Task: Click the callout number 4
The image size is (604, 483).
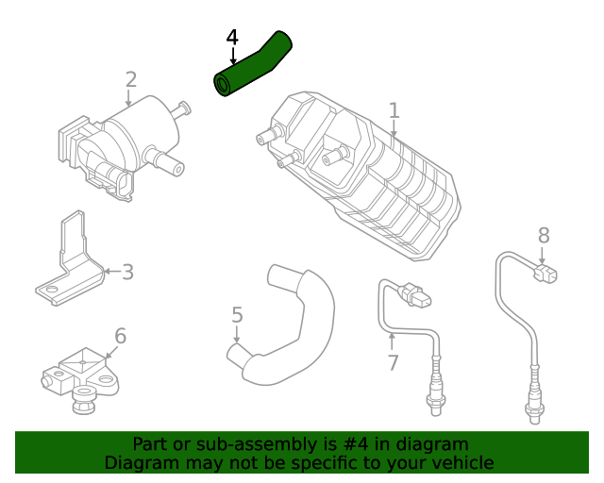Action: click(232, 38)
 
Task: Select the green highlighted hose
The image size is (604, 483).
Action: click(252, 66)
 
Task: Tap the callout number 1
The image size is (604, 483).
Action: click(394, 110)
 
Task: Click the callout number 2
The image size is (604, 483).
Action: click(131, 79)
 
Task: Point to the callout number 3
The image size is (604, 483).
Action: click(127, 273)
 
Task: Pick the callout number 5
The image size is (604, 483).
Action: click(237, 314)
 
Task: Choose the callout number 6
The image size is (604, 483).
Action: click(121, 336)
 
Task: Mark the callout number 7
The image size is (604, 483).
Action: click(393, 362)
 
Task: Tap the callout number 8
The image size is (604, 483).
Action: click(543, 235)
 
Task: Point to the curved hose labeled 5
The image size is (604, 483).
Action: click(293, 330)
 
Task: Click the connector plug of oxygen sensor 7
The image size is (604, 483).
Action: click(419, 299)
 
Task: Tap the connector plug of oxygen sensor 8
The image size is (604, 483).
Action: click(545, 274)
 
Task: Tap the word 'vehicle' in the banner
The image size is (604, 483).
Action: click(461, 462)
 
